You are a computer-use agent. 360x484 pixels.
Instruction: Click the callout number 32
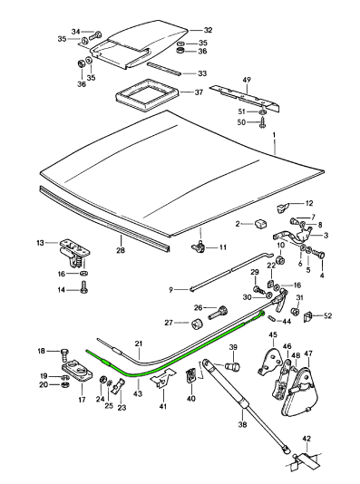[208, 30]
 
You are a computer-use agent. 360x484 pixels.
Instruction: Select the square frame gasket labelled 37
[147, 95]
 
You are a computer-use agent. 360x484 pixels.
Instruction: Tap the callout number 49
[247, 80]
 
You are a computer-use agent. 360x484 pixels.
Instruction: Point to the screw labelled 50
[263, 123]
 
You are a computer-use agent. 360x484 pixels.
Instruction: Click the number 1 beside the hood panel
[274, 135]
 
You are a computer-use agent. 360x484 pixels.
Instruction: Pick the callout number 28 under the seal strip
[121, 250]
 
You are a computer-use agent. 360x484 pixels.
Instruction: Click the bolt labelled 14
[83, 286]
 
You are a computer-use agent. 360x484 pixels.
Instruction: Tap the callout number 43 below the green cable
[138, 394]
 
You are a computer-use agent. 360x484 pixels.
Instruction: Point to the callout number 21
[139, 344]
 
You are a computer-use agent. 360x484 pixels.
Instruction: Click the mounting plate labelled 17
[77, 372]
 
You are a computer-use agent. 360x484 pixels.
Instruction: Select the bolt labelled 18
[64, 354]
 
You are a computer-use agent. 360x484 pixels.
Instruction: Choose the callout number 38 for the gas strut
[242, 424]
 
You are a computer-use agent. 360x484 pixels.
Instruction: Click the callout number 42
[306, 439]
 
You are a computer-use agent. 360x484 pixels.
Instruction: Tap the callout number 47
[308, 353]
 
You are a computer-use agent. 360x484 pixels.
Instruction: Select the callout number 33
[202, 73]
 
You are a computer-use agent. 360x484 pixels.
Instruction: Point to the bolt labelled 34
[95, 35]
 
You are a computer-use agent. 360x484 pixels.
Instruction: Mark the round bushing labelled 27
[198, 324]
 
